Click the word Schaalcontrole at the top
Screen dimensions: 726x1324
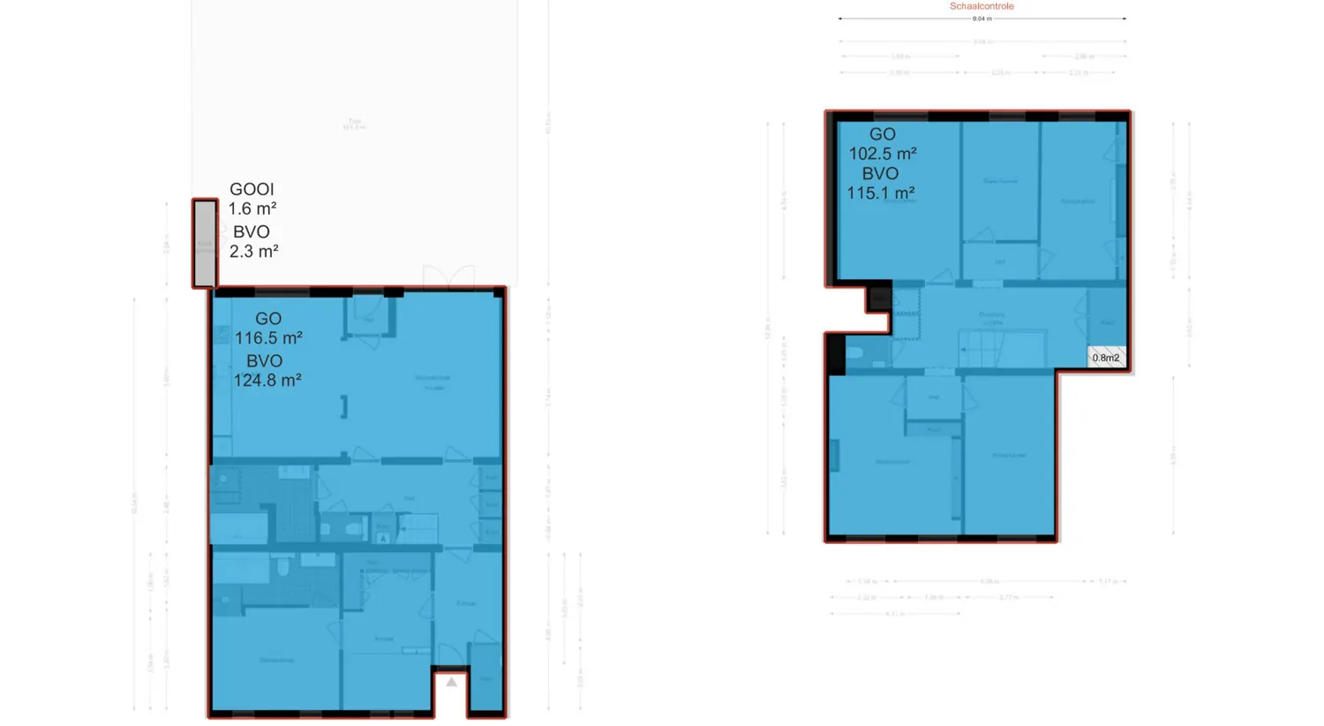click(x=982, y=6)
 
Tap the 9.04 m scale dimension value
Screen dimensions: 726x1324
click(x=982, y=19)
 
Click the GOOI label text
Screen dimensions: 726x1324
click(x=252, y=189)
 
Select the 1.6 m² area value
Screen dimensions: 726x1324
click(x=252, y=208)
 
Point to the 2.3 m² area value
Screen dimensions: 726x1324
click(x=254, y=251)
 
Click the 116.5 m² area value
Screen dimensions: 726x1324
click(x=268, y=337)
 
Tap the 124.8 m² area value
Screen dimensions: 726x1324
click(x=267, y=380)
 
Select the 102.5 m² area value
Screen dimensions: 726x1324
click(x=883, y=154)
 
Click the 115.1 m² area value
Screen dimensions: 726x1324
click(x=881, y=193)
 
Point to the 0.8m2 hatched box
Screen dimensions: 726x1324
click(x=1106, y=357)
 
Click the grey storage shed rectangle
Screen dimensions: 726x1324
click(x=205, y=244)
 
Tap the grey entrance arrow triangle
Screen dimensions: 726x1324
click(x=451, y=682)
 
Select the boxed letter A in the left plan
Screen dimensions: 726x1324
click(x=383, y=537)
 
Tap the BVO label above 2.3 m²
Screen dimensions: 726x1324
click(x=252, y=231)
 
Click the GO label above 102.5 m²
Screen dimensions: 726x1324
click(x=883, y=134)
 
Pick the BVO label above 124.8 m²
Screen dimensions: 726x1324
click(x=264, y=360)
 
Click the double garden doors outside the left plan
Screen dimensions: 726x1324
click(x=448, y=276)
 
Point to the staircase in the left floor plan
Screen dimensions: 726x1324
click(x=418, y=527)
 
